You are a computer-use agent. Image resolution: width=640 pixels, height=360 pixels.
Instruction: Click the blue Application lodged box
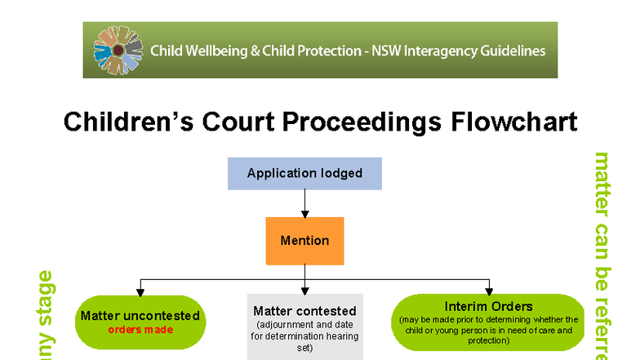[304, 173]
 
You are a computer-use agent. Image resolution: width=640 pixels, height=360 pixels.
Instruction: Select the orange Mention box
[304, 241]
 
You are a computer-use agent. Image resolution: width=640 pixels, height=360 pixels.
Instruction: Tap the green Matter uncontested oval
[140, 322]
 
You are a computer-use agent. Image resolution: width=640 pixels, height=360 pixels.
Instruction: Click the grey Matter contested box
[304, 327]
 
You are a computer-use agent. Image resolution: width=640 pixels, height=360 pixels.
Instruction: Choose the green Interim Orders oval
[488, 322]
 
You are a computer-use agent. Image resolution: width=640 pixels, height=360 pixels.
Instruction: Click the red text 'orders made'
[140, 330]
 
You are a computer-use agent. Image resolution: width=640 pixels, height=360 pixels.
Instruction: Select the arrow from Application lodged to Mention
[304, 202]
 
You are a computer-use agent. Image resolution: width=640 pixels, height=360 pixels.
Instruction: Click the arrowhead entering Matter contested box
[304, 291]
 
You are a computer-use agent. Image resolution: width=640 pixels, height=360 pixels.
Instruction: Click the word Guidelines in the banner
[510, 51]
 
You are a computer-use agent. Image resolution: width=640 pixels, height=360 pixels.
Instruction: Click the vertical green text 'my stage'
[45, 315]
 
